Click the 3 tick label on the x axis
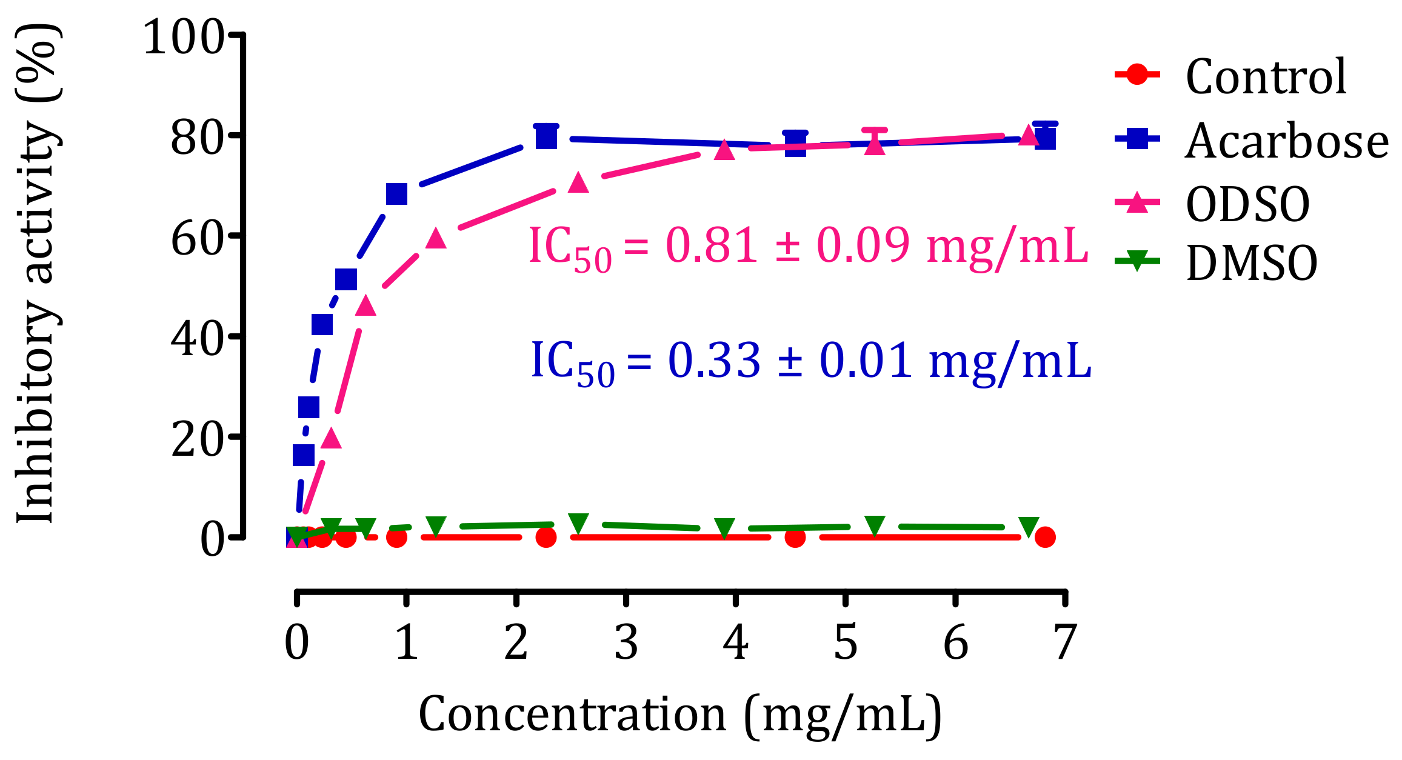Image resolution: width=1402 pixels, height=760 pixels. [626, 642]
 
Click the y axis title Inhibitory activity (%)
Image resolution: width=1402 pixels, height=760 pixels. [36, 273]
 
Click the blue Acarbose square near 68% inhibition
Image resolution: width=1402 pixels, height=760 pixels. [396, 194]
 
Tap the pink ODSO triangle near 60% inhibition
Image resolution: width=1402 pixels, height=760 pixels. [436, 238]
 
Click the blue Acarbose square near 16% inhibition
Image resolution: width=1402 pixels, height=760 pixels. [304, 455]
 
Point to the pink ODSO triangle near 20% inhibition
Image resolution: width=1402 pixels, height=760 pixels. [330, 438]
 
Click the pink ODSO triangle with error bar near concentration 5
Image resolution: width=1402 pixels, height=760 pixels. [875, 145]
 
